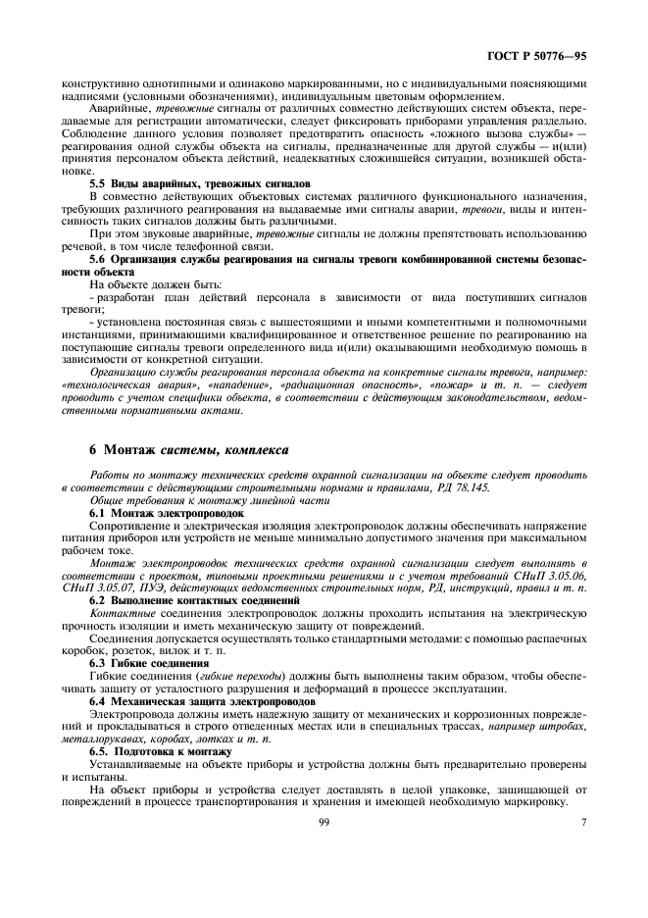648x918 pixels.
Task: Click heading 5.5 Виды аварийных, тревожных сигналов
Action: click(x=199, y=183)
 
